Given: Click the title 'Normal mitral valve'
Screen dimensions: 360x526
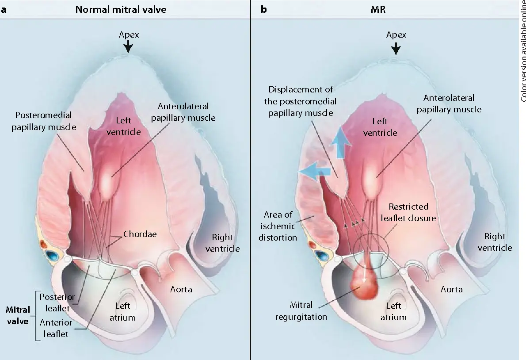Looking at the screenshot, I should click(x=121, y=9).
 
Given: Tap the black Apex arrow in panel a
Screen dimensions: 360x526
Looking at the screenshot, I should click(x=129, y=46).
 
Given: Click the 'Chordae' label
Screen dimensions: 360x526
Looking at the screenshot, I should click(x=140, y=234).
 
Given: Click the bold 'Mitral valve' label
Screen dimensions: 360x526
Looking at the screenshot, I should click(x=17, y=315).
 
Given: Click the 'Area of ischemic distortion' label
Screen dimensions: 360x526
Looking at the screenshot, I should click(x=280, y=226).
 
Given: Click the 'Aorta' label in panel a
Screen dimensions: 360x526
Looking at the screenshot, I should click(x=181, y=289).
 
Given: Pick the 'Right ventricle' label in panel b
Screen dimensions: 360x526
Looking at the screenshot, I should click(x=495, y=242).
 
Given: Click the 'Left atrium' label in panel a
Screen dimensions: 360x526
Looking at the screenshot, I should click(x=125, y=311).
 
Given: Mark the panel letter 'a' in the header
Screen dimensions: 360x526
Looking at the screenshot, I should click(x=4, y=9).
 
